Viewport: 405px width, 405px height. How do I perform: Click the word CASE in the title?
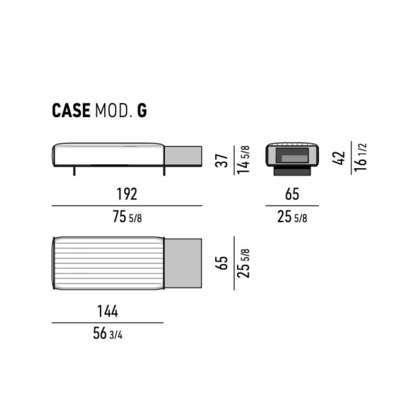coord(71,111)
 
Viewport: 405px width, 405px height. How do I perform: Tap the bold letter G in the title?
coord(142,111)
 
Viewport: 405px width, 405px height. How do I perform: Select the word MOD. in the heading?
coord(114,111)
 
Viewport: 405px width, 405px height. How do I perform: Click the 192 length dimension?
coord(127,194)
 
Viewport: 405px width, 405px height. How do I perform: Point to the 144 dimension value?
coord(108,311)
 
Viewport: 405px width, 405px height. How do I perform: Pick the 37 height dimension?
coord(221,161)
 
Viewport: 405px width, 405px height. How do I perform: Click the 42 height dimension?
coord(339,158)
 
